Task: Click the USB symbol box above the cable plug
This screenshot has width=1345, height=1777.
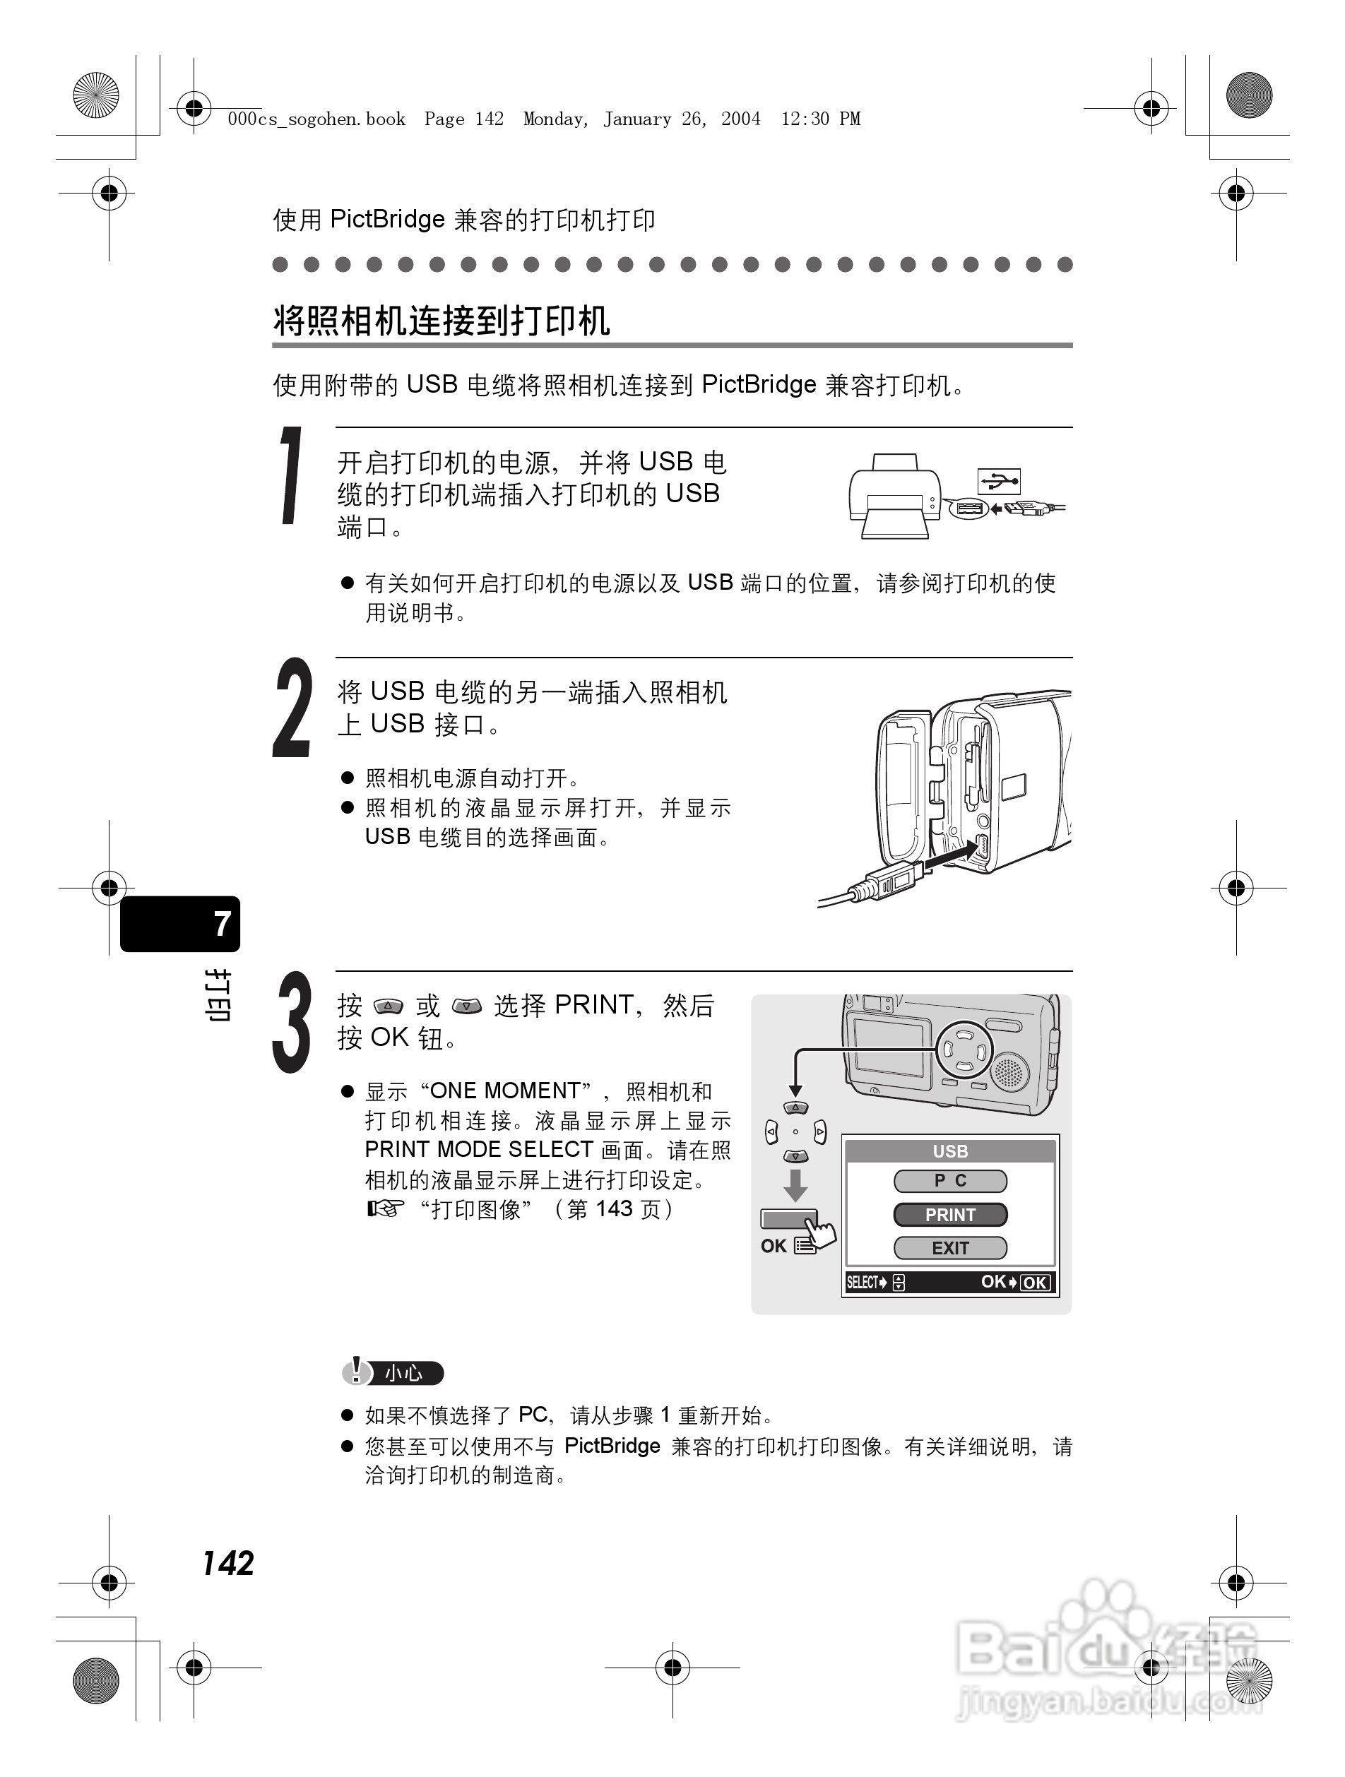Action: [x=999, y=481]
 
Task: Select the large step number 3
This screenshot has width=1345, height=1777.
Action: [x=292, y=1023]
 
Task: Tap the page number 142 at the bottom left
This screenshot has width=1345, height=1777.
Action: [x=228, y=1563]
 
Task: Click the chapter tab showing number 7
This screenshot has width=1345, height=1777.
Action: [x=181, y=924]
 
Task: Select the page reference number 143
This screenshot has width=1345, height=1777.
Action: [x=614, y=1209]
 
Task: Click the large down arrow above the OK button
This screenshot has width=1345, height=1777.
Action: [x=795, y=1185]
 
